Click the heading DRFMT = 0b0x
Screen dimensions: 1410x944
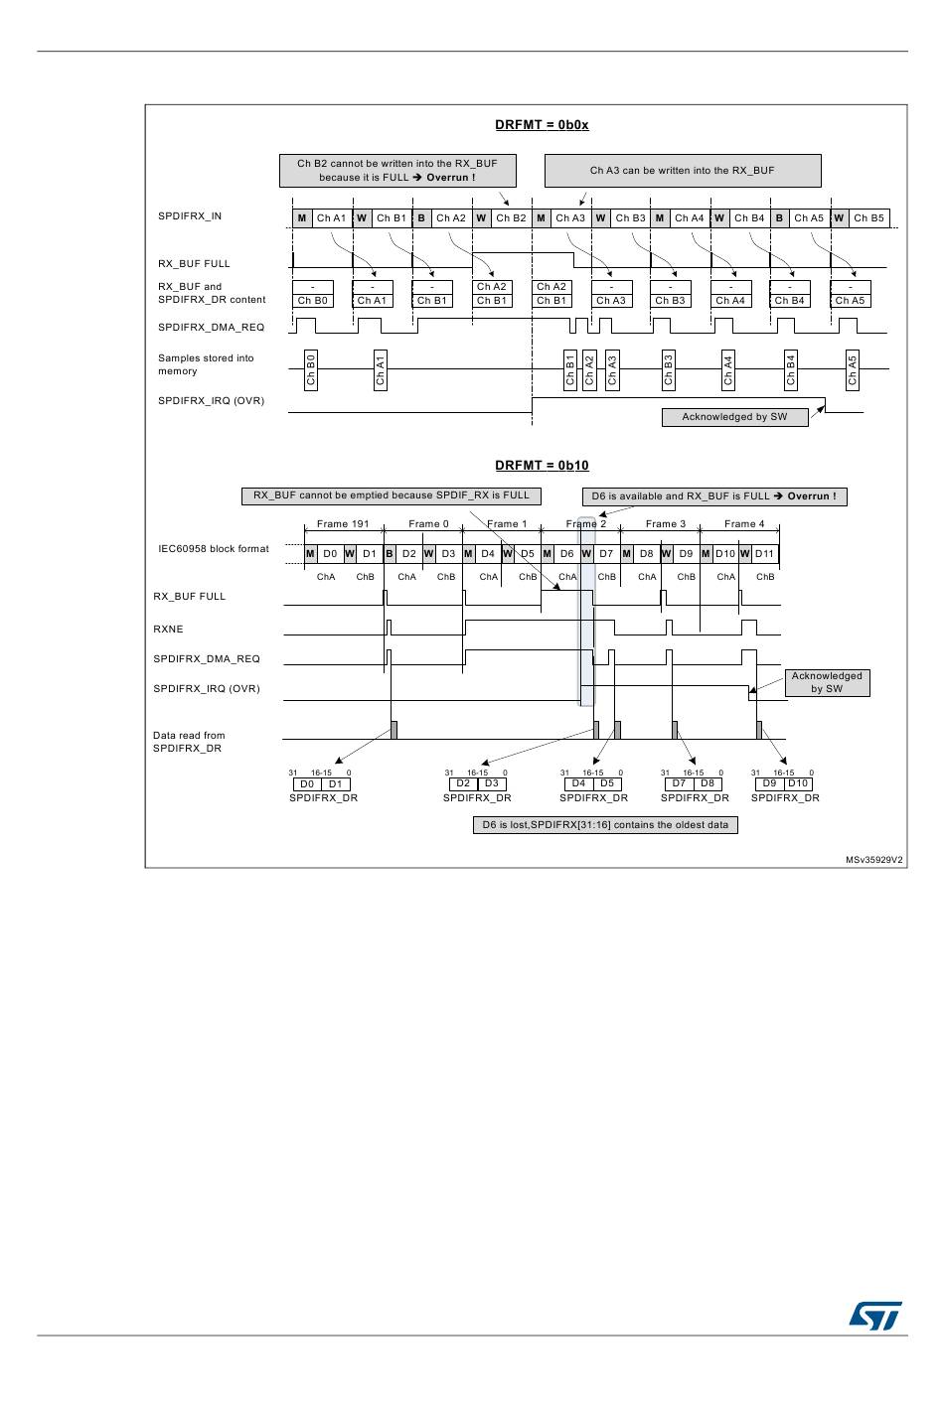(542, 125)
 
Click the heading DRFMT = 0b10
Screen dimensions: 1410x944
(542, 466)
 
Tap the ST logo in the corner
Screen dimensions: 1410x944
(874, 1316)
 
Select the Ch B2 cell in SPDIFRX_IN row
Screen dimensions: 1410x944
(511, 218)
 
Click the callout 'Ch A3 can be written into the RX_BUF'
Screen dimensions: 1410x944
(682, 171)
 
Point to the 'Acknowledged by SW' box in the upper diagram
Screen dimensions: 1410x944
(734, 417)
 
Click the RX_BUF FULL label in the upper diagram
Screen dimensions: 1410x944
(194, 264)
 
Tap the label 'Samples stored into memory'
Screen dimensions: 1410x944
(206, 364)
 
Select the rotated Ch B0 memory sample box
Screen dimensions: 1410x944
(311, 369)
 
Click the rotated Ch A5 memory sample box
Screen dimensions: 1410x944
(852, 369)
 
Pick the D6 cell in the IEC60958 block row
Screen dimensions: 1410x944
(566, 554)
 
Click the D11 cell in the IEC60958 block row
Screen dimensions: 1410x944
(764, 554)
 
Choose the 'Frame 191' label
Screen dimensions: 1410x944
(343, 524)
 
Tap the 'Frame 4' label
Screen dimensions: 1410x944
(744, 524)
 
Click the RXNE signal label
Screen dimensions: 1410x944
(168, 630)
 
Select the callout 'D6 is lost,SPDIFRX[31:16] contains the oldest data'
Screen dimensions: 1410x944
(605, 825)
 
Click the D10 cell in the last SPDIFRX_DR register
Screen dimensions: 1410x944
(798, 783)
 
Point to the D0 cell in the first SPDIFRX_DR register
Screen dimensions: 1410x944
(307, 784)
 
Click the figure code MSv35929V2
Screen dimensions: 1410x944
(874, 860)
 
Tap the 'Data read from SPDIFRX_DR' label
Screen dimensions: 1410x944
(189, 742)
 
